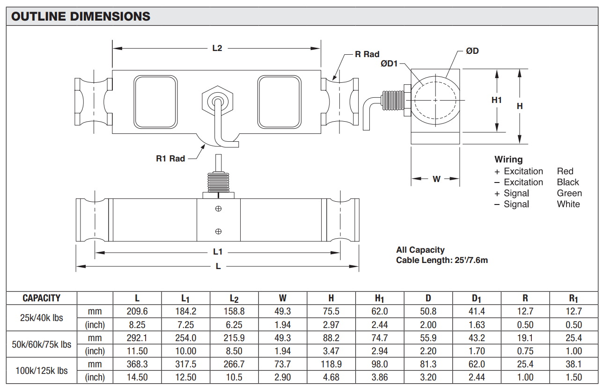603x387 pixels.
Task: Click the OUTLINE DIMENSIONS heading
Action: tap(81, 16)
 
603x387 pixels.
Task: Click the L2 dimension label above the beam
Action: tap(217, 48)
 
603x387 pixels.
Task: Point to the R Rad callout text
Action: tap(367, 54)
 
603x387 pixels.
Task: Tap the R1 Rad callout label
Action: tap(170, 159)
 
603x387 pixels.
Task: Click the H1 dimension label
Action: tap(497, 100)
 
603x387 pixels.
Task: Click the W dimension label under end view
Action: tap(436, 179)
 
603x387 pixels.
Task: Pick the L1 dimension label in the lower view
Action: tap(218, 252)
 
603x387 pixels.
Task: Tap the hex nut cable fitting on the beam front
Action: tap(217, 100)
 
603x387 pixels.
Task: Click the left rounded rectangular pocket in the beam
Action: tap(156, 102)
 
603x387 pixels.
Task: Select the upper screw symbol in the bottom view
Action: tap(218, 209)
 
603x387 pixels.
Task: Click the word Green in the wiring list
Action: tap(569, 193)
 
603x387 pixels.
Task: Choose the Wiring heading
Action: tap(508, 160)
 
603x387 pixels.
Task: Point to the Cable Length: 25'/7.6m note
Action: tap(442, 260)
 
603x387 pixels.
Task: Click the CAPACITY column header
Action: tap(42, 298)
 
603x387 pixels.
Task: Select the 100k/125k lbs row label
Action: tap(42, 371)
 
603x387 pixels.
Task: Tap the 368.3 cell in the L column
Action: tap(137, 364)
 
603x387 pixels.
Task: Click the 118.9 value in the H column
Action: tap(331, 364)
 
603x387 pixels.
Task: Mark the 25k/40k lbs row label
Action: tap(42, 318)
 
